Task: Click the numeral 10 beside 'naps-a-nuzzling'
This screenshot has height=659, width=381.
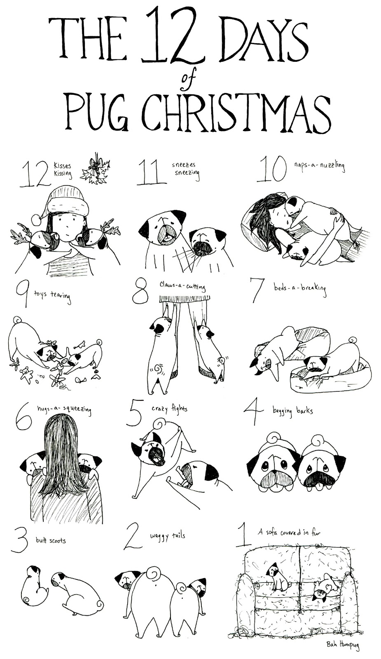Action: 271,170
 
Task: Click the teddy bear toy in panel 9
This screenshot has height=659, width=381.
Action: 27,374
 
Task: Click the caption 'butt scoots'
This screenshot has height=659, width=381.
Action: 51,540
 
